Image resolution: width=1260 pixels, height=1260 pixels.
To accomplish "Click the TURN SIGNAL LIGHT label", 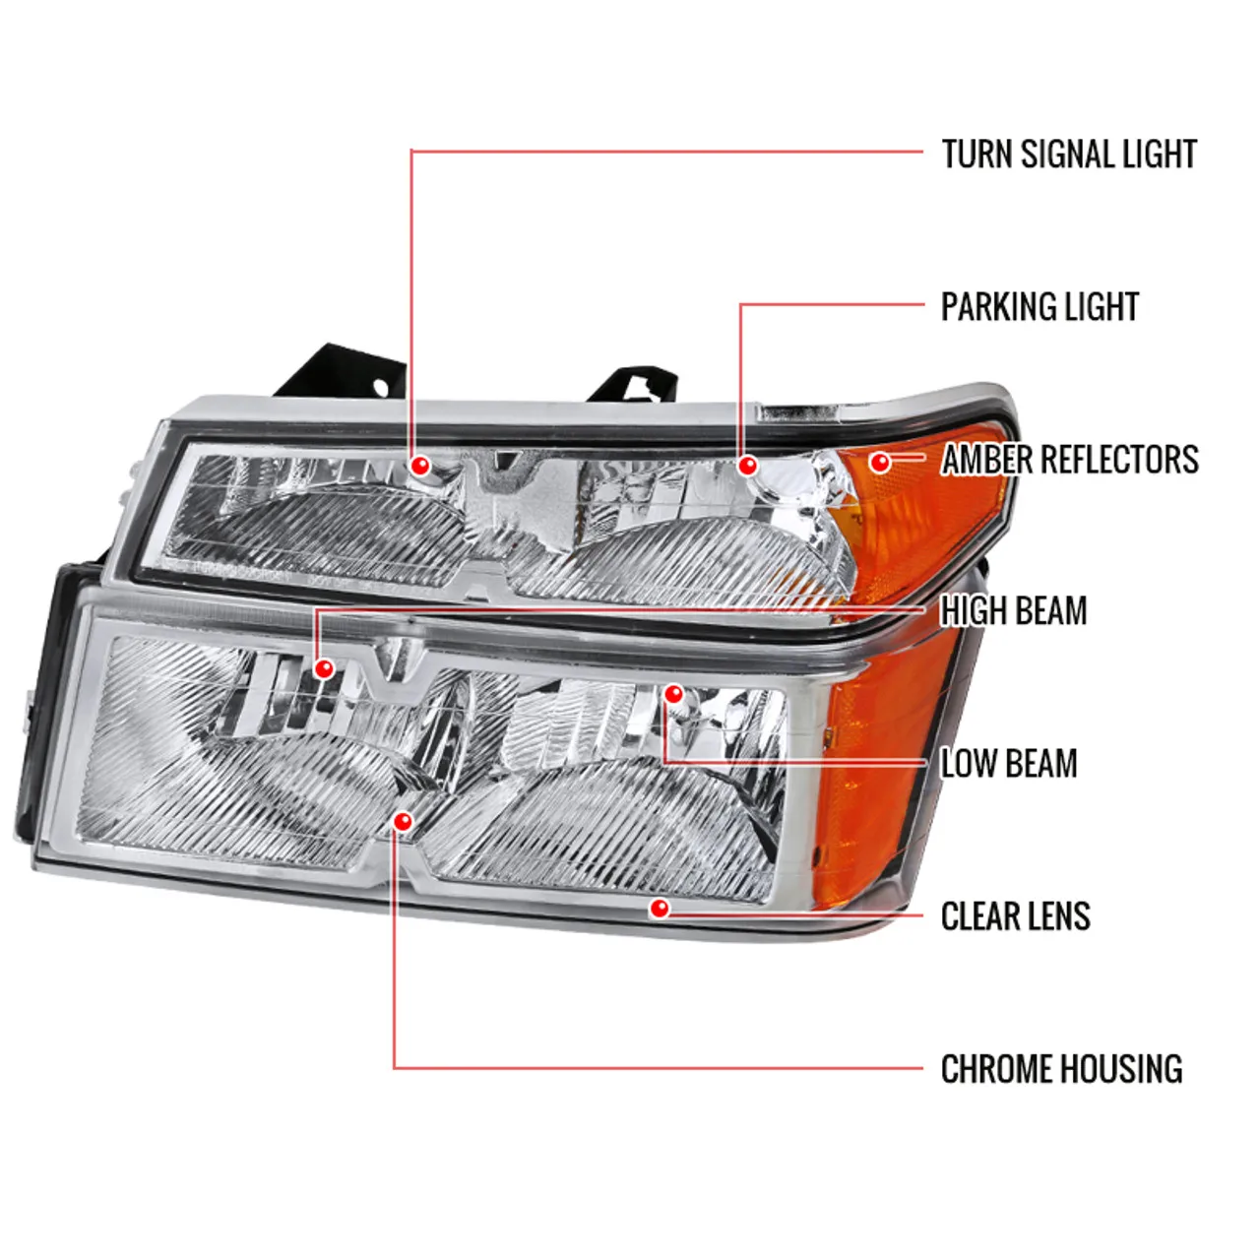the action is [x=1068, y=155].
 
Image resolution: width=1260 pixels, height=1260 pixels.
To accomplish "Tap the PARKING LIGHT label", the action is [x=1039, y=307].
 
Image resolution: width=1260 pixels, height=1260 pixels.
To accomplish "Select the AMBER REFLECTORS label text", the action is [x=1069, y=460].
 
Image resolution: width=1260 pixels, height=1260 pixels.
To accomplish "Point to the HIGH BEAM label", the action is [x=1014, y=611].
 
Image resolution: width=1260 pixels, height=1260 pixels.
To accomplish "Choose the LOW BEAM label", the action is [x=1009, y=764].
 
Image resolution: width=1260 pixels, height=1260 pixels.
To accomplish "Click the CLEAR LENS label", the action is [x=1015, y=916].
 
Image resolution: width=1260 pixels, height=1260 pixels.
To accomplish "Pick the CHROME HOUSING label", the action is [x=1061, y=1069].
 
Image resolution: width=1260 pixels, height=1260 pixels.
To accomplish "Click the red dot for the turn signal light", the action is [x=420, y=466].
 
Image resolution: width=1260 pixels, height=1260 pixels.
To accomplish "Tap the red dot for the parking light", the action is [x=747, y=465].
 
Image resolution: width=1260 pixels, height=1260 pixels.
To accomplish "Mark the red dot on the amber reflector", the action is [x=880, y=461].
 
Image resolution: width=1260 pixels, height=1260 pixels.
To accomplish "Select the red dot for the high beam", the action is [x=323, y=669].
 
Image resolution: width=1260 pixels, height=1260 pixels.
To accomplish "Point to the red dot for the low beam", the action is [x=673, y=694].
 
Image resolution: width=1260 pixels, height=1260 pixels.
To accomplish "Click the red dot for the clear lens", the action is [x=660, y=908].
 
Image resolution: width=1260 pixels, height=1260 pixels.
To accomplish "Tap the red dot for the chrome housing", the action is [x=402, y=821].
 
